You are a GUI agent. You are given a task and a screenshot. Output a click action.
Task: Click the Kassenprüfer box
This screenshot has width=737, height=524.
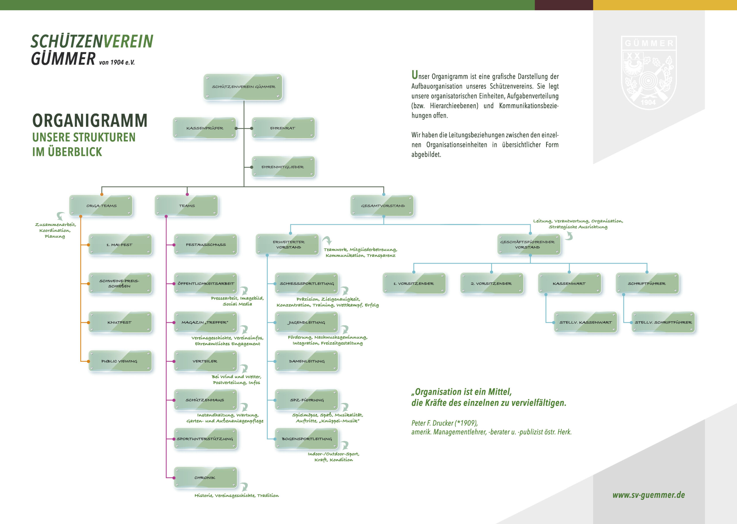coord(205,128)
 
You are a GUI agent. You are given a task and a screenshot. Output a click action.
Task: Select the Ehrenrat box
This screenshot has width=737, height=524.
coord(283,128)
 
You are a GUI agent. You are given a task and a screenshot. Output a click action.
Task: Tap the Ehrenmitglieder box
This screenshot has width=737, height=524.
coord(283,167)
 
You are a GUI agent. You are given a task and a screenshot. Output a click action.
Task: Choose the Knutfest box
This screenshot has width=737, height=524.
coord(120,322)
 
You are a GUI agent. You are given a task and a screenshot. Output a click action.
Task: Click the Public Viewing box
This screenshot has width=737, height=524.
coord(120,361)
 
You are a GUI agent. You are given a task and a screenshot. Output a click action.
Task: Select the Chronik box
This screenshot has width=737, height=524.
coord(206,478)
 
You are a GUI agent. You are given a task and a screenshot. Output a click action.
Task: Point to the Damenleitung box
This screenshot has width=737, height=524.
coord(307,361)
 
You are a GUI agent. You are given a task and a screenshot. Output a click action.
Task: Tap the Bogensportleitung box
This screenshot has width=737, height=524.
coord(307,439)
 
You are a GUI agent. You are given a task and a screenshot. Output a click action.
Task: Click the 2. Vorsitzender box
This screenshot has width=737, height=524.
coord(492,283)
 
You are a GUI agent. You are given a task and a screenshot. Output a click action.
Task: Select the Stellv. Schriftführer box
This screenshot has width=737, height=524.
coord(663,322)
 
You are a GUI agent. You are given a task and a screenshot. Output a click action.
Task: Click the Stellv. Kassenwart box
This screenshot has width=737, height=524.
coord(586,322)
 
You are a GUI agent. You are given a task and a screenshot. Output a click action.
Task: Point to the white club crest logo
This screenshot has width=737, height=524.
coord(649,73)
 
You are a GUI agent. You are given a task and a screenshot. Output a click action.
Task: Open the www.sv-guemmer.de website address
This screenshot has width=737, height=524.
coord(649,495)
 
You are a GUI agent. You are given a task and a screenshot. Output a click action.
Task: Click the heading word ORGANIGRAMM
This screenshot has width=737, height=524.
coord(90,120)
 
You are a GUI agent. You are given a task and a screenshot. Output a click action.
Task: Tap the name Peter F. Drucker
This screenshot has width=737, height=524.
coord(433,423)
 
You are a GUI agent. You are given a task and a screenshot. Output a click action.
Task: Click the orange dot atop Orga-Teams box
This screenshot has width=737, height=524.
coord(102,195)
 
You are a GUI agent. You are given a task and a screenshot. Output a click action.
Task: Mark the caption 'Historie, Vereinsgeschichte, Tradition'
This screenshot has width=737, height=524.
coord(237,495)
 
